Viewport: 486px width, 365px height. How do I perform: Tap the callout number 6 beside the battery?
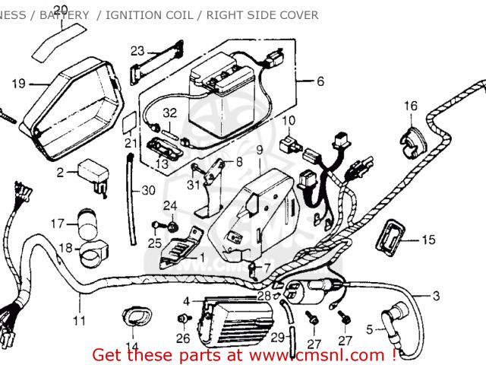pos(320,81)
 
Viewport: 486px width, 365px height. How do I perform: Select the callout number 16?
pos(410,106)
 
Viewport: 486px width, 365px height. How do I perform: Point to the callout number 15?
pos(428,240)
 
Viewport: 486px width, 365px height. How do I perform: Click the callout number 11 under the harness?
pos(79,320)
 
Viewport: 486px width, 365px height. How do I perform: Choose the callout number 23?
pos(137,51)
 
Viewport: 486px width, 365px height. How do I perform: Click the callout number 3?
pos(436,296)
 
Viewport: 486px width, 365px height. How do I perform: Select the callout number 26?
pos(182,338)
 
